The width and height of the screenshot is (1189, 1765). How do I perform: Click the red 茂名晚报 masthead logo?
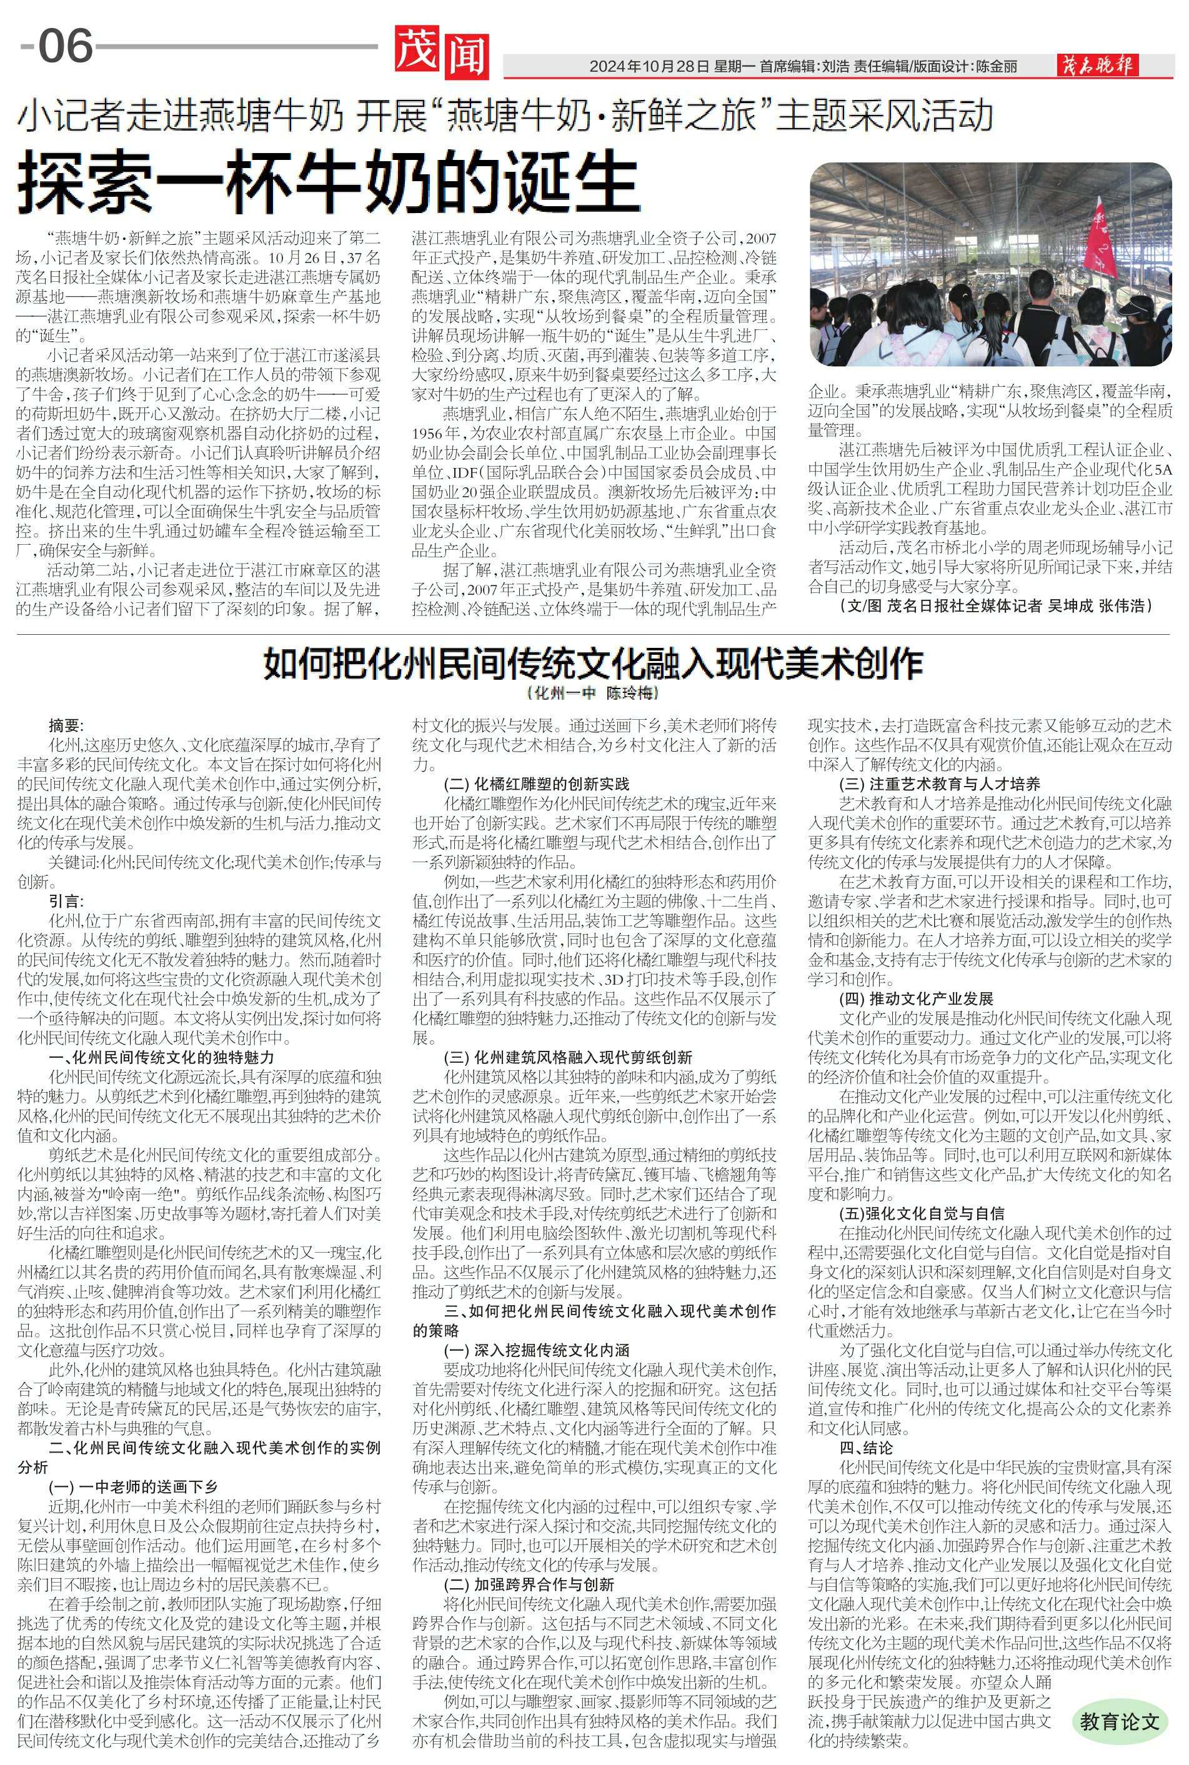pyautogui.click(x=1097, y=66)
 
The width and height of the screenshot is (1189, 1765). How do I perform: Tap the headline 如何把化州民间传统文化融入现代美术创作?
pyautogui.click(x=593, y=664)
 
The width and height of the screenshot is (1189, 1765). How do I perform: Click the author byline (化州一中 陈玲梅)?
pyautogui.click(x=593, y=693)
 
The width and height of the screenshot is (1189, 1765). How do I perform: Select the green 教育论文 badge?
pyautogui.click(x=1119, y=1721)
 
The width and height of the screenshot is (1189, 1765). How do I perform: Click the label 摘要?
pyautogui.click(x=67, y=725)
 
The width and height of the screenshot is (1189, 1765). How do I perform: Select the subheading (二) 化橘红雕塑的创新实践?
pyautogui.click(x=536, y=783)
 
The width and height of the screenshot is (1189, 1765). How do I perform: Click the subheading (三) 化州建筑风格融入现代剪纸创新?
pyautogui.click(x=567, y=1057)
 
